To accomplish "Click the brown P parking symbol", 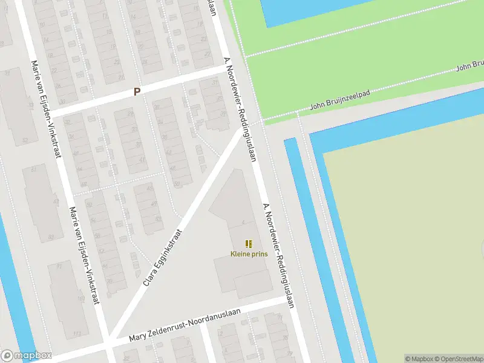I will coord(137,92).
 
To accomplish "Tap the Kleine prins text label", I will coord(249,254).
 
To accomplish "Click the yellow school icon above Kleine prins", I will coord(249,244).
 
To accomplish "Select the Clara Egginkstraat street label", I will coord(163,257).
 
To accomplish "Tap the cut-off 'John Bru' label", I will coord(469,65).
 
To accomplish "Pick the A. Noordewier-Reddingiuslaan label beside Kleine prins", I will coord(278,255).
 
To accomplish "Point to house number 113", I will coord(77,333).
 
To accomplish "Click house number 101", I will coord(81,298).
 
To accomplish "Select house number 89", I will coord(51,237).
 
